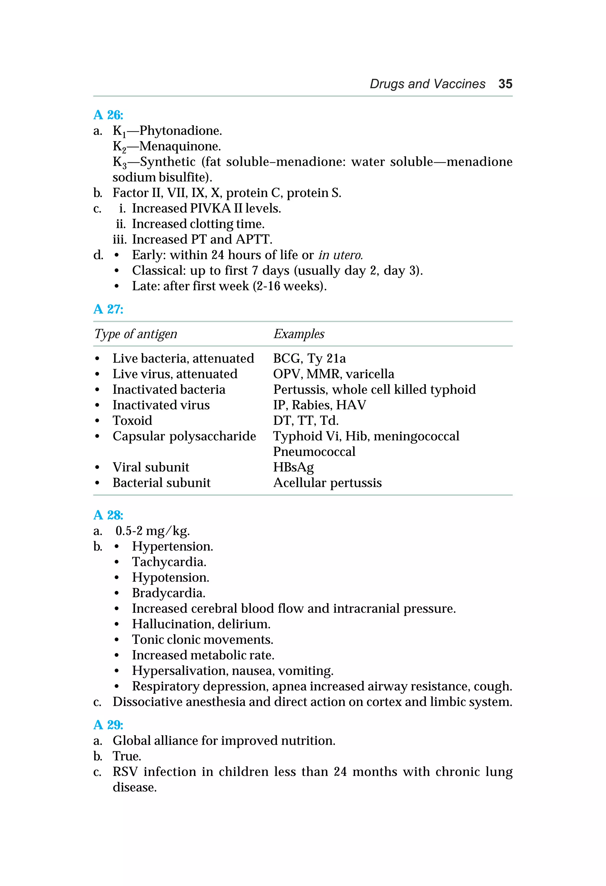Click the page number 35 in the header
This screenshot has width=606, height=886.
pos(505,84)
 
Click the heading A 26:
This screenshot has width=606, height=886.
pos(108,115)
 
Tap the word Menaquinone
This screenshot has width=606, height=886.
pos(180,147)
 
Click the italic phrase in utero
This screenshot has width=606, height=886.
pos(340,255)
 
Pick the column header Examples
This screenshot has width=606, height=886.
pos(299,334)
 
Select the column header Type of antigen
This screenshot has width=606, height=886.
pos(136,334)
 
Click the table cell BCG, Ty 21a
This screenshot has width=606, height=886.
pos(309,359)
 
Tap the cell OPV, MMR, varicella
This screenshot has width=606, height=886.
pos(333,374)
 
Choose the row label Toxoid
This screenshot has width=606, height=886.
pos(132,421)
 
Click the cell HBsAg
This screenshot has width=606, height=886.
pos(294,467)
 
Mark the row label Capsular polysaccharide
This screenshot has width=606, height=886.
pos(184,436)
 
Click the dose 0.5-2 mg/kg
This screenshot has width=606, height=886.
pos(152,531)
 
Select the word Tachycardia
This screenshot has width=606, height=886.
pos(169,562)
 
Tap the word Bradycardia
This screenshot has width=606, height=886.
pos(168,593)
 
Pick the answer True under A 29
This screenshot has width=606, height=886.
pos(127,756)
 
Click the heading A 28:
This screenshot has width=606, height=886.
pos(108,515)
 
